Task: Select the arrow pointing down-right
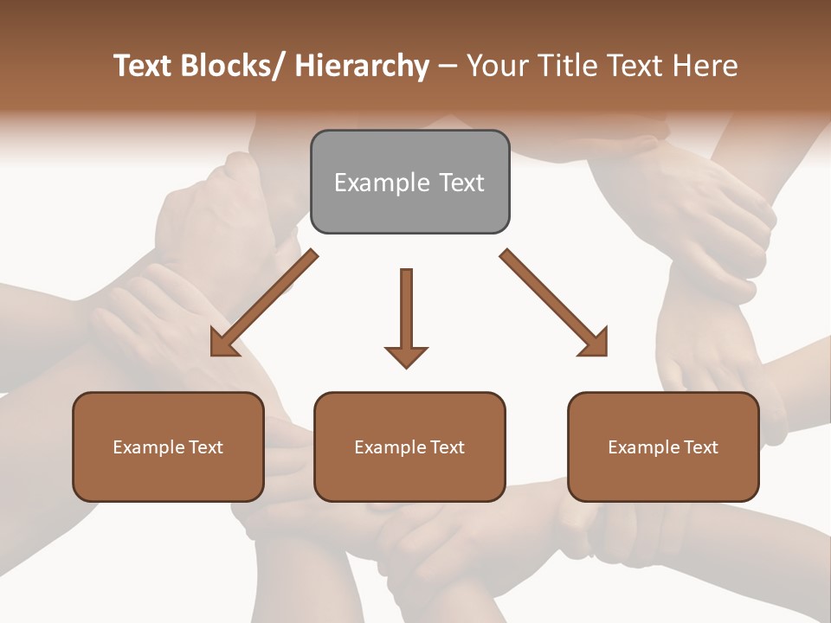pos(555,304)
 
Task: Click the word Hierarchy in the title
pos(362,66)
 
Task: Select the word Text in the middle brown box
pos(447,447)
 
